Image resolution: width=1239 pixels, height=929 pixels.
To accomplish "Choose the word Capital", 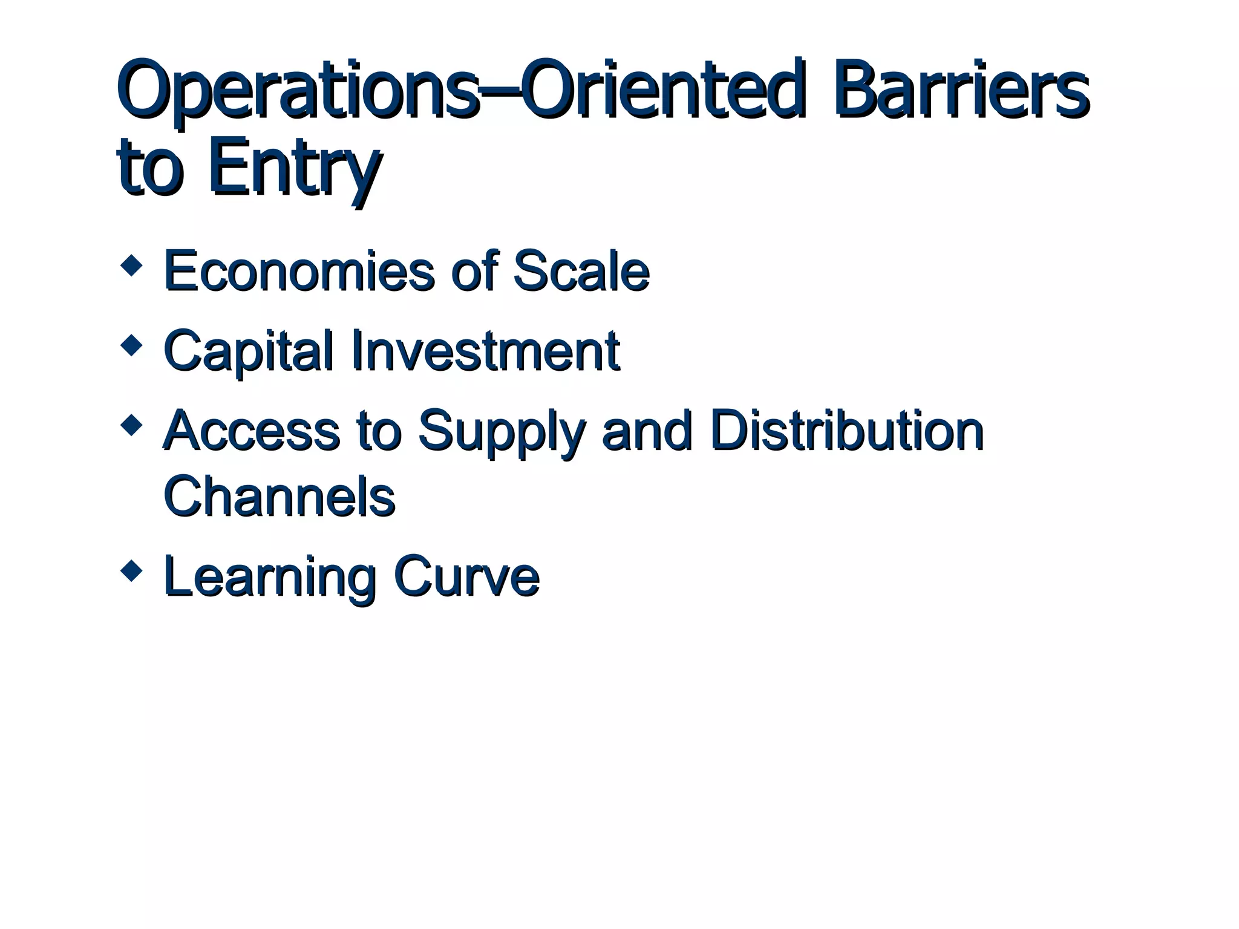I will coord(249,351).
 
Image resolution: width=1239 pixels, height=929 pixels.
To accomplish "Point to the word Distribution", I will coord(847,431).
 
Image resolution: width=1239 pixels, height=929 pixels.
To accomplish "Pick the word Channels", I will coord(279,497).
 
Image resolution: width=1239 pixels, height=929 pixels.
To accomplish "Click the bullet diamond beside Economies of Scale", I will coord(131,266).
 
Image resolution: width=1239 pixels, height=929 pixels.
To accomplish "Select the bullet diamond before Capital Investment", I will coord(131,346).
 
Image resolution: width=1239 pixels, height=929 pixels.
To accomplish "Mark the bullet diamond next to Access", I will coord(131,425).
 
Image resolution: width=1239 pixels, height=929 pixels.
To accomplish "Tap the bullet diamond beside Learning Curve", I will coord(131,571).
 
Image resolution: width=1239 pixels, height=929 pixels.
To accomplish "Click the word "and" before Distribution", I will coord(647,431).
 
